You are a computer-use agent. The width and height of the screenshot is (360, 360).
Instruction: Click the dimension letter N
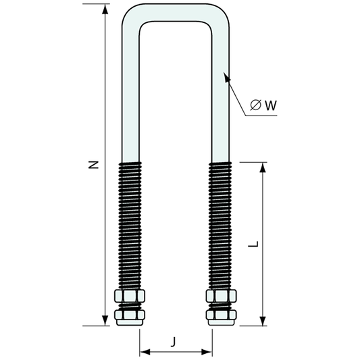pyautogui.click(x=93, y=165)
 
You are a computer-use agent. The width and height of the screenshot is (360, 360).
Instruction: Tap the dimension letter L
pyautogui.click(x=253, y=244)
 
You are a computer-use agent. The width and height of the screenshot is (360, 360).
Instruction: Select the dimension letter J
pyautogui.click(x=174, y=341)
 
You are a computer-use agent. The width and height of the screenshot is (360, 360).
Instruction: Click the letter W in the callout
pyautogui.click(x=271, y=105)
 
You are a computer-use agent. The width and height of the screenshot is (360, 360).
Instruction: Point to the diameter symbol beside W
pyautogui.click(x=255, y=105)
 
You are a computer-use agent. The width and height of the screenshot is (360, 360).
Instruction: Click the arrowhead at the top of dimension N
pyautogui.click(x=105, y=9)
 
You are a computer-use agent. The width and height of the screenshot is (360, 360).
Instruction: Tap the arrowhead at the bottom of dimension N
pyautogui.click(x=105, y=320)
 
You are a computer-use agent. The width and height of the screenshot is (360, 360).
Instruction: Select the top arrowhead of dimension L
pyautogui.click(x=263, y=168)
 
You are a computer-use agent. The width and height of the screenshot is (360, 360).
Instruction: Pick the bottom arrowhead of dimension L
pyautogui.click(x=263, y=320)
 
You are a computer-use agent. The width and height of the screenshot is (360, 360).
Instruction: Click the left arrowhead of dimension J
pyautogui.click(x=145, y=351)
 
